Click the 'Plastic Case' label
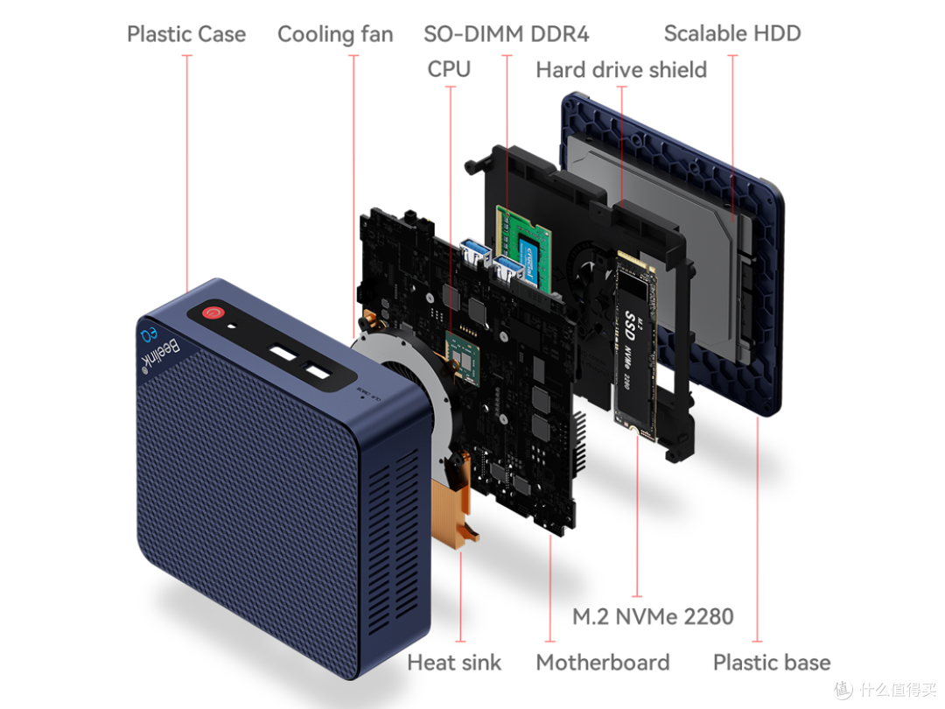(x=185, y=34)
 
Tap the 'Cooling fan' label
(x=335, y=34)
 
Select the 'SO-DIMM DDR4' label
(x=506, y=34)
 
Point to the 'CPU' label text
(x=449, y=68)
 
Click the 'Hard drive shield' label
(x=621, y=69)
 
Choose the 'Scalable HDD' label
(x=731, y=34)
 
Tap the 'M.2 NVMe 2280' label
(x=653, y=616)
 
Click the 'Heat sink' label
(x=454, y=662)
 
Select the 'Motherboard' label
(x=602, y=662)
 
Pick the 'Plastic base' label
(x=771, y=662)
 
